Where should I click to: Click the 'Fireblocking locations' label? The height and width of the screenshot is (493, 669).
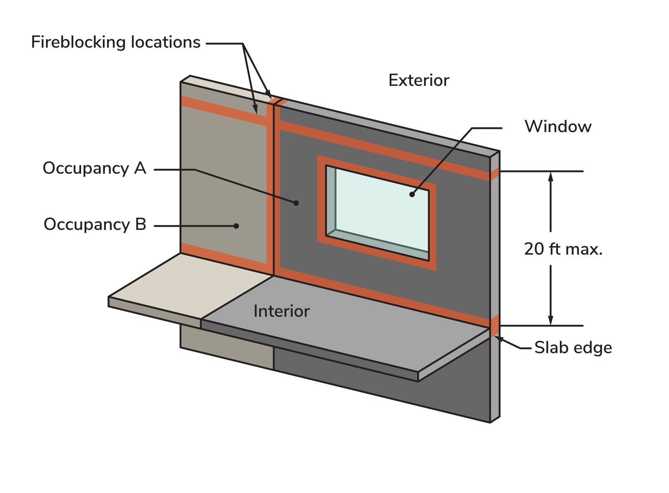116,42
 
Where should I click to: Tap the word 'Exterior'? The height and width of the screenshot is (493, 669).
419,80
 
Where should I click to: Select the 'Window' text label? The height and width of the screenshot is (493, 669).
558,126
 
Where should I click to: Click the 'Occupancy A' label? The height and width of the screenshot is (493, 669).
94,168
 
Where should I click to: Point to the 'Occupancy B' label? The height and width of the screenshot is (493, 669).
95,225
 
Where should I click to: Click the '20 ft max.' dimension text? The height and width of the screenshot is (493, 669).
563,249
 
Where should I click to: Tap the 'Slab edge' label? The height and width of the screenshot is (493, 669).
573,348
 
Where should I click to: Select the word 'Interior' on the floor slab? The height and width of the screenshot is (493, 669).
281,312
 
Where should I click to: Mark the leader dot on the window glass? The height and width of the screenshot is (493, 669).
412,194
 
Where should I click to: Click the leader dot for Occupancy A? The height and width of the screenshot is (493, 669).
296,203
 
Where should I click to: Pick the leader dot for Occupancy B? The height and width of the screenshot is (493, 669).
236,226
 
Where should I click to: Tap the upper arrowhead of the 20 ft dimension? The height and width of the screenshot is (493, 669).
551,176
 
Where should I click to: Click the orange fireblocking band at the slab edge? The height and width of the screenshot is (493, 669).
495,325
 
